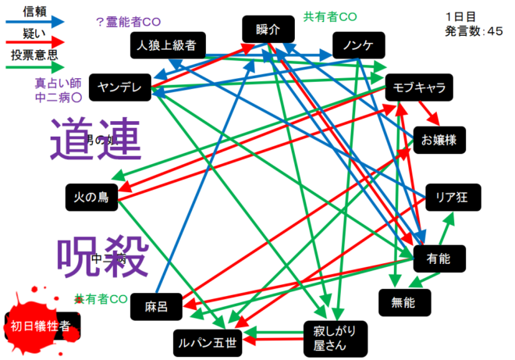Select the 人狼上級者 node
[x=169, y=45]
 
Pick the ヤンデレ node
[x=120, y=87]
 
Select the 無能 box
[x=404, y=302]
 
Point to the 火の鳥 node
[x=92, y=197]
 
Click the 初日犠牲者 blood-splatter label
[x=38, y=324]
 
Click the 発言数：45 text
[x=474, y=31]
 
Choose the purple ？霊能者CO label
[x=133, y=22]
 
